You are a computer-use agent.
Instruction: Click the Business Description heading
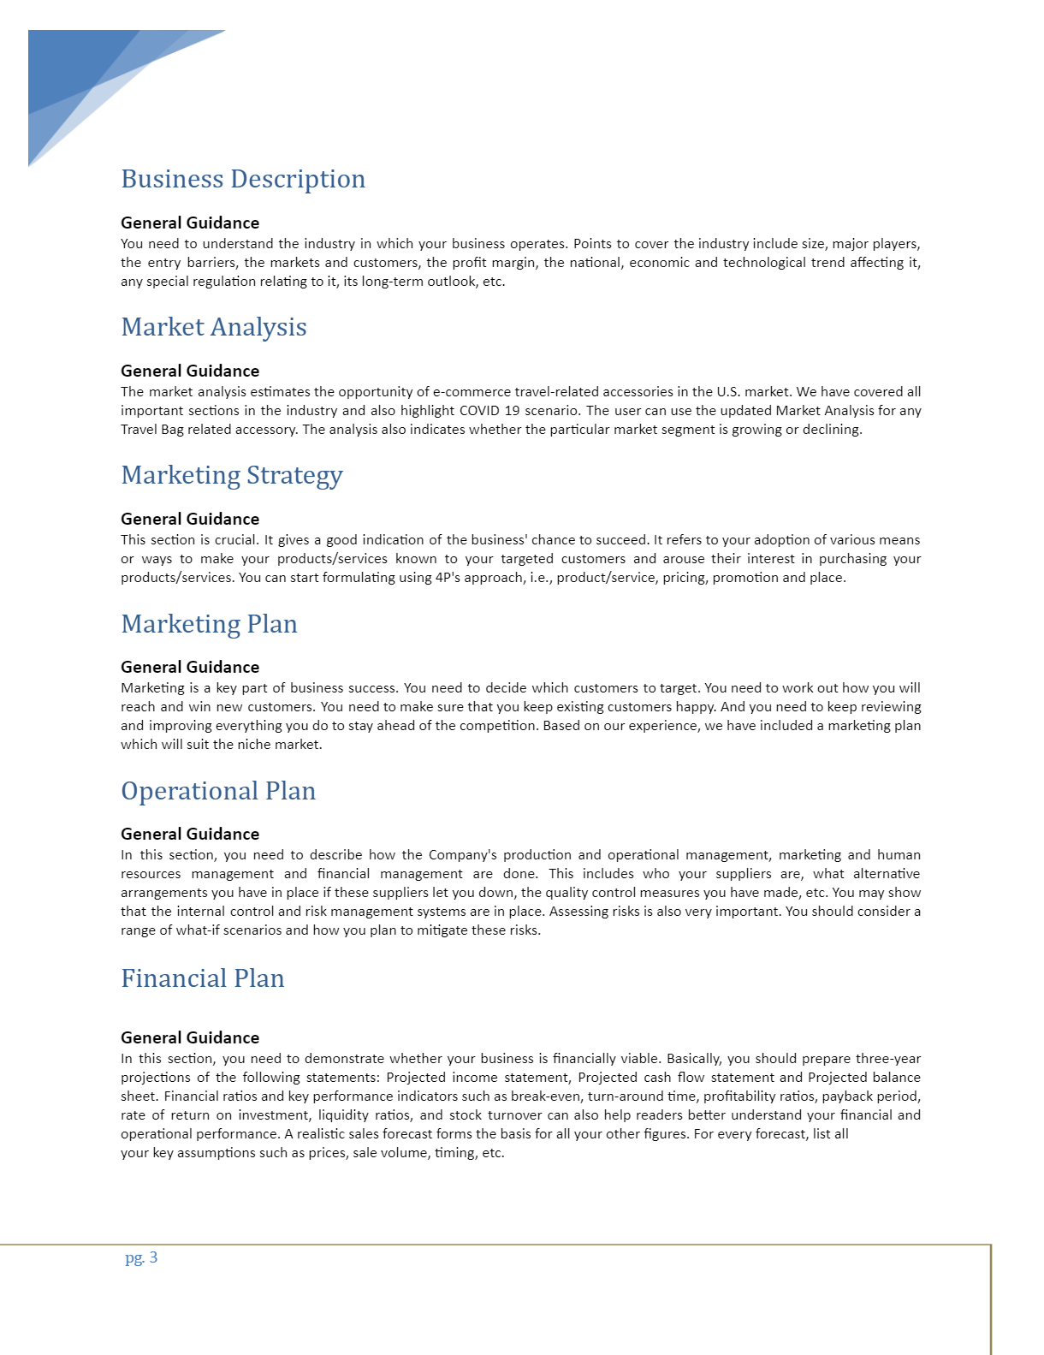(x=243, y=179)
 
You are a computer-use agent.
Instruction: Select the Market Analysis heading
(x=214, y=327)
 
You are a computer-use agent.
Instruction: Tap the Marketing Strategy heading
(x=232, y=475)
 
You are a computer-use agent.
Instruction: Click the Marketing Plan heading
(x=209, y=624)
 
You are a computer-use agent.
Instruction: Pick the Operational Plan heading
(x=218, y=791)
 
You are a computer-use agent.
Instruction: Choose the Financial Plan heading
(x=203, y=978)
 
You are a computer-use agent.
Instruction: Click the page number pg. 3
(x=141, y=1257)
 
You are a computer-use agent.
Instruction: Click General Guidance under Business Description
(x=190, y=223)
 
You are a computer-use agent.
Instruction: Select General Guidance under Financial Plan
(x=190, y=1037)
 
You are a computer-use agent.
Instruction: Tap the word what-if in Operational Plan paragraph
(x=197, y=930)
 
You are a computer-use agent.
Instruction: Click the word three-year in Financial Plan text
(x=888, y=1059)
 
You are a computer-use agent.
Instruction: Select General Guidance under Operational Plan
(x=190, y=834)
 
